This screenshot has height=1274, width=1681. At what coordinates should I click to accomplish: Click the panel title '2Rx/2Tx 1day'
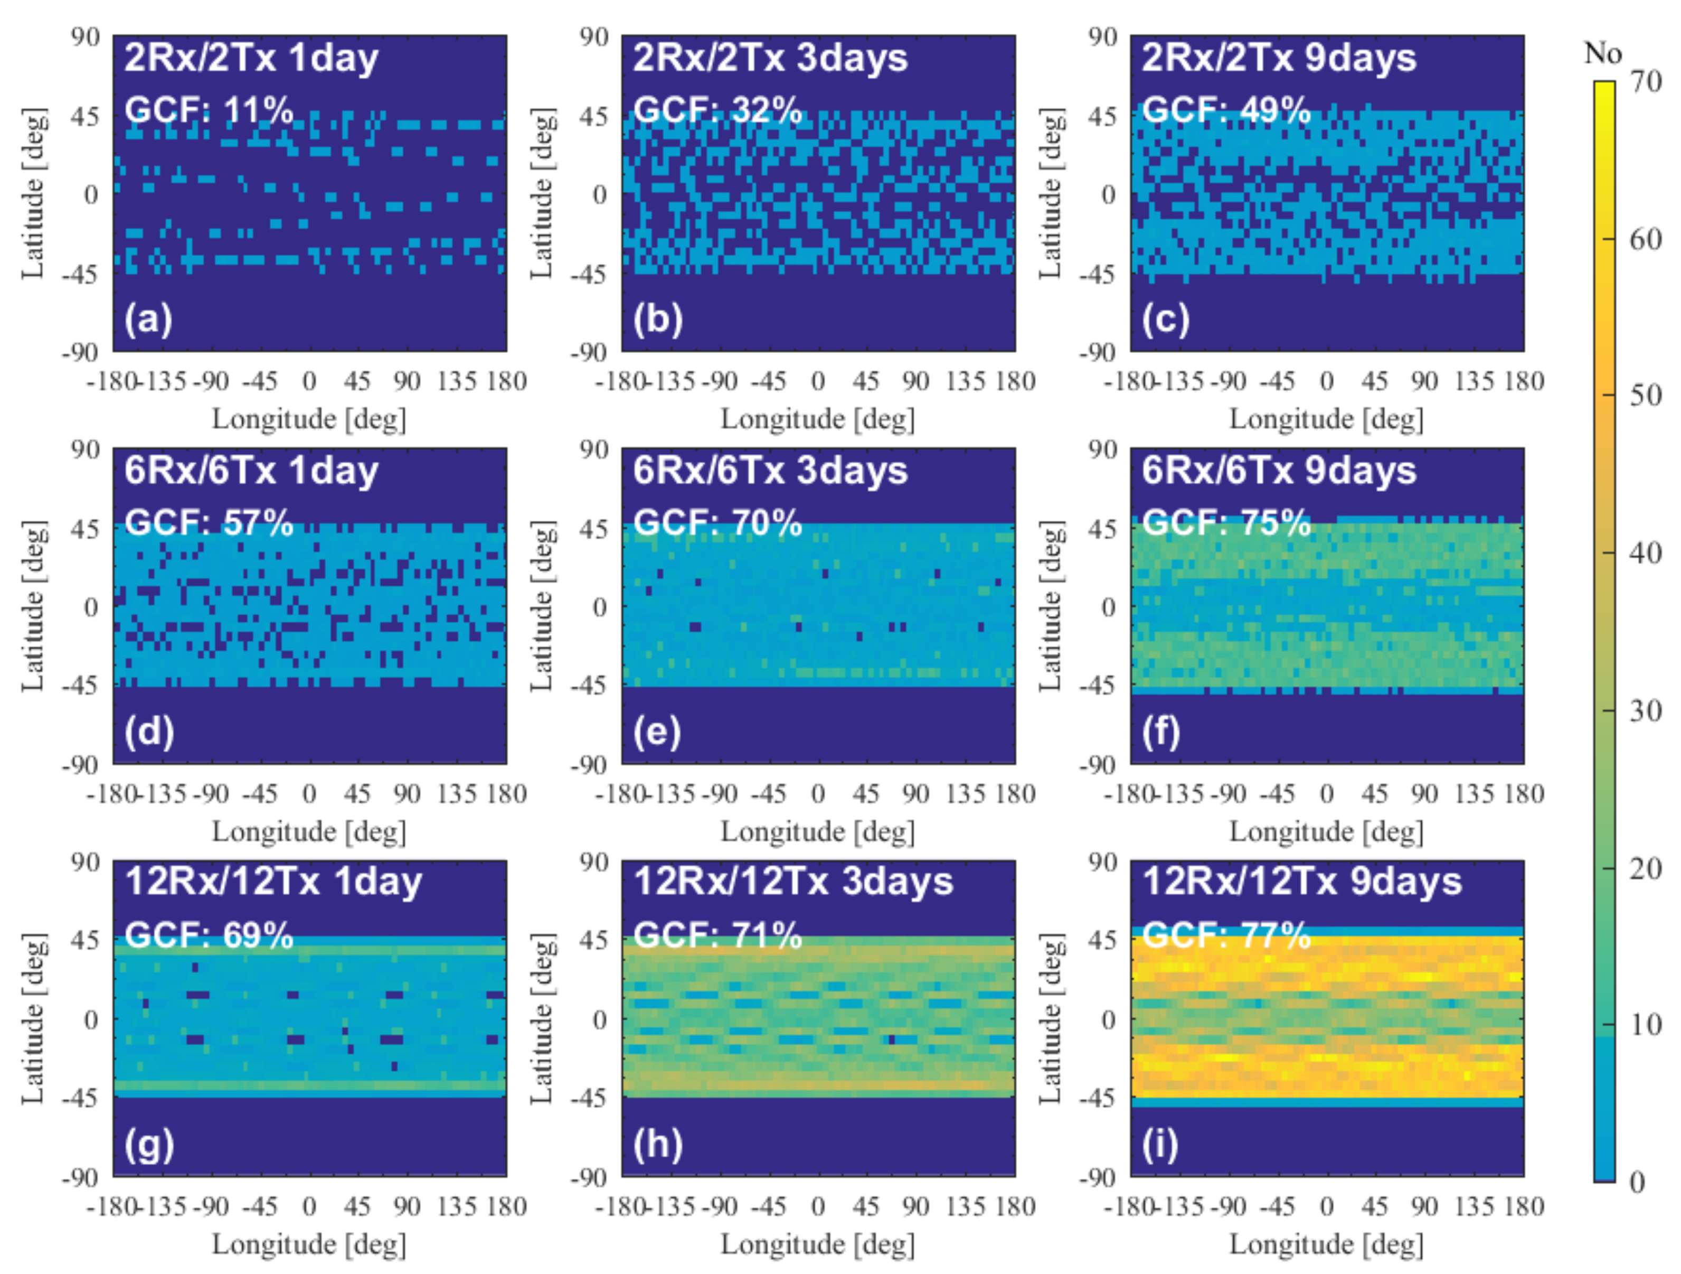click(251, 59)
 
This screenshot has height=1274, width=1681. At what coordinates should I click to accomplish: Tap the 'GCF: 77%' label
click(1226, 935)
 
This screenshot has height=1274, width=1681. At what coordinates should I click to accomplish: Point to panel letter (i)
click(1160, 1145)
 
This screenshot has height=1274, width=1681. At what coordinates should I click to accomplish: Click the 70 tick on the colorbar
click(1646, 82)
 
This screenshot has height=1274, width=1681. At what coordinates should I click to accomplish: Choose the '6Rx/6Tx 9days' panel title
click(1279, 471)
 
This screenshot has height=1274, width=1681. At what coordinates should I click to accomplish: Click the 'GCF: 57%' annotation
click(208, 523)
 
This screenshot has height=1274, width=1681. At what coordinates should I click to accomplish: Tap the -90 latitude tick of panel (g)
click(81, 1177)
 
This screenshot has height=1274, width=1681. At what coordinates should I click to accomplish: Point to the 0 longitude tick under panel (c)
click(1326, 381)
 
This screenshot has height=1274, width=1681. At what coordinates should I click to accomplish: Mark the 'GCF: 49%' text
click(1226, 110)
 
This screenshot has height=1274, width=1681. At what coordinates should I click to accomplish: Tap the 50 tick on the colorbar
click(1646, 395)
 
